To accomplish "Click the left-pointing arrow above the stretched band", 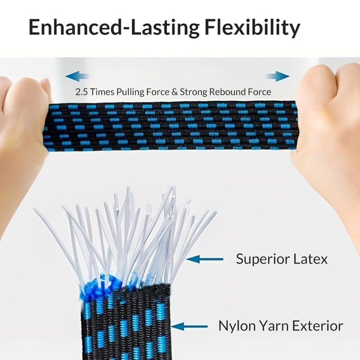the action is pos(76,76).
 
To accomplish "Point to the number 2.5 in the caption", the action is pos(81,92).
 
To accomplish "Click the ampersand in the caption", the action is pos(174,92).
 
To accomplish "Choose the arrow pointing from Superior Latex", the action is pos(205,259).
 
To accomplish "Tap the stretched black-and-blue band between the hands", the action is pos(171,126).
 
